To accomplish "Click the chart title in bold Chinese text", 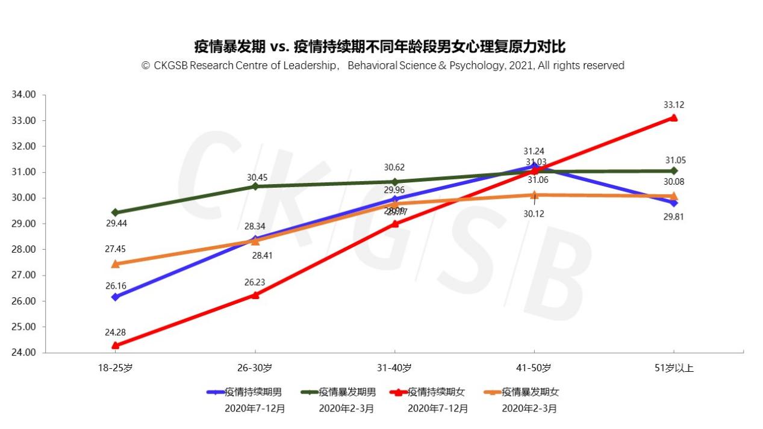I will pyautogui.click(x=380, y=46).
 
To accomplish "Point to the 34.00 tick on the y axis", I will pyautogui.click(x=25, y=95).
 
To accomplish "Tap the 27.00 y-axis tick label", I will pyautogui.click(x=25, y=276).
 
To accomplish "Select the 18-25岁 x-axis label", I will pyautogui.click(x=115, y=368).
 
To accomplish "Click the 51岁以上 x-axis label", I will pyautogui.click(x=674, y=368).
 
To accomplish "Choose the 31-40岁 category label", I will pyautogui.click(x=394, y=368).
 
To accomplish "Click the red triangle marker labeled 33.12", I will pyautogui.click(x=674, y=118).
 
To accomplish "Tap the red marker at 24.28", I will pyautogui.click(x=115, y=345).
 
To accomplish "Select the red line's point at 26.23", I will pyautogui.click(x=255, y=295).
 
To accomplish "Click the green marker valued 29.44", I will pyautogui.click(x=115, y=212).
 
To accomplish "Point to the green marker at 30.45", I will pyautogui.click(x=255, y=187).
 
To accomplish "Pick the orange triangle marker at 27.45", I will pyautogui.click(x=115, y=264).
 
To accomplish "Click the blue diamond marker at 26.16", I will pyautogui.click(x=115, y=297).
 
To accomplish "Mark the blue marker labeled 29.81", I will pyautogui.click(x=674, y=203).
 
